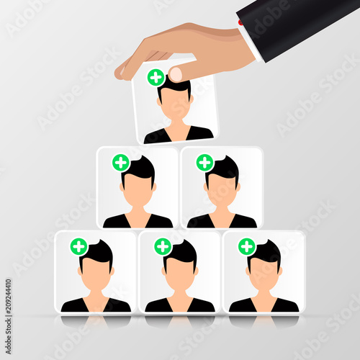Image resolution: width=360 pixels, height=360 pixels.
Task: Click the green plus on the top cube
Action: pyautogui.click(x=156, y=77)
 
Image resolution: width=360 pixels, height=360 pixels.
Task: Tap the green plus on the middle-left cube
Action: pyautogui.click(x=121, y=162)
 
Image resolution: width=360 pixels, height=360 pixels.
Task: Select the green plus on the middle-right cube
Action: pyautogui.click(x=204, y=162)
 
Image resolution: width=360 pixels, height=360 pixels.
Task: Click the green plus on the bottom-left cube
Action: pyautogui.click(x=78, y=246)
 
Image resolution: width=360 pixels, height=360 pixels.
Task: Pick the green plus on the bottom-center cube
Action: pyautogui.click(x=163, y=246)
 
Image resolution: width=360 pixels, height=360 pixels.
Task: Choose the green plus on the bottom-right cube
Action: pyautogui.click(x=247, y=246)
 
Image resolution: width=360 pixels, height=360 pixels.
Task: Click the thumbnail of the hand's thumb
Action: pyautogui.click(x=175, y=74)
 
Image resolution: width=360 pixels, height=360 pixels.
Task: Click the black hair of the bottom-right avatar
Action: pyautogui.click(x=268, y=251)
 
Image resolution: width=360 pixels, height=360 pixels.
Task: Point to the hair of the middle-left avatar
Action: pyautogui.click(x=141, y=168)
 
